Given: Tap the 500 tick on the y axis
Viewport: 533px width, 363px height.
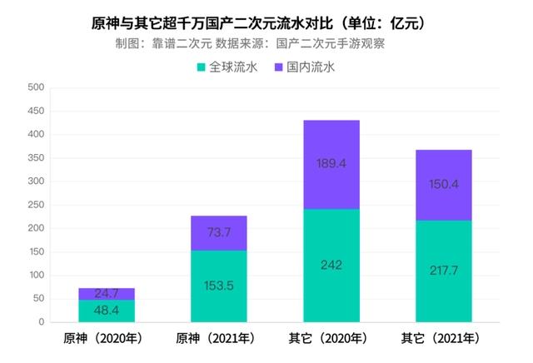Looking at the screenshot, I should (37, 87).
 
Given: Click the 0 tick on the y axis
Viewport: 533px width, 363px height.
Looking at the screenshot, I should (42, 322).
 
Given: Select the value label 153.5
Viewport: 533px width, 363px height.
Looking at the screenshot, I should (219, 286).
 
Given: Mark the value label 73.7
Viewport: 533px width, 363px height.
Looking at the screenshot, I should (219, 233).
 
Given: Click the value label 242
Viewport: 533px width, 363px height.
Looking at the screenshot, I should (331, 265).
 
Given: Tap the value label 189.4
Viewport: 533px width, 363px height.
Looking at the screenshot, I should (331, 164).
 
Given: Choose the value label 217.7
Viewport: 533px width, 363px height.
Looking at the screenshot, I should (444, 271).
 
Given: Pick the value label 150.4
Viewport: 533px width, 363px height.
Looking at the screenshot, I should (444, 184).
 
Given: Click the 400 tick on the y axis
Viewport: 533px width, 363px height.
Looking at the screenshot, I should (37, 134).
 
